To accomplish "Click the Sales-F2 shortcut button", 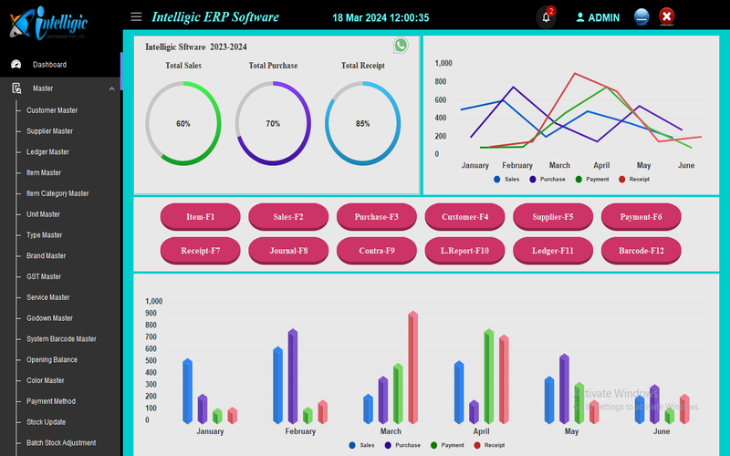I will [x=288, y=217].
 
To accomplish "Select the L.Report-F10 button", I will [x=464, y=250].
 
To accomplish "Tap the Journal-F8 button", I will [x=288, y=250].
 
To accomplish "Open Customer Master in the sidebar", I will [x=52, y=110].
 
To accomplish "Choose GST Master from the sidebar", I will [x=44, y=276].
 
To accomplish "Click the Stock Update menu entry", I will [x=46, y=422].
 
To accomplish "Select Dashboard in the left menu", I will [x=49, y=65].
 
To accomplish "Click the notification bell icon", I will [x=546, y=17].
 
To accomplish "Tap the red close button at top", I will [x=667, y=16].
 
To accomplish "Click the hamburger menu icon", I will [x=136, y=16].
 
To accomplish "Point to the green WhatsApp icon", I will [x=401, y=46].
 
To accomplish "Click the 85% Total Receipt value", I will [x=363, y=123].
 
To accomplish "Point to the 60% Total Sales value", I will [x=183, y=123].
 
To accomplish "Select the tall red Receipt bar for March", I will [x=412, y=368].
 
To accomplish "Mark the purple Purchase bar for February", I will [x=293, y=376].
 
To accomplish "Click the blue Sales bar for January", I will [x=187, y=390].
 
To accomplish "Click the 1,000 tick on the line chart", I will [x=443, y=63].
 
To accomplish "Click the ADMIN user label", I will [x=603, y=17].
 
